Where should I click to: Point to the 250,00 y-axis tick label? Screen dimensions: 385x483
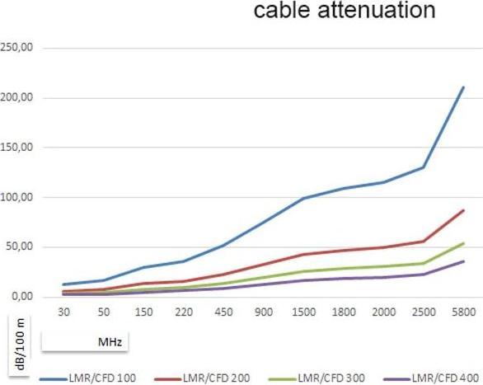click(x=16, y=48)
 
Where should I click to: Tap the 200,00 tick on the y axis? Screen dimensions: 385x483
click(x=16, y=97)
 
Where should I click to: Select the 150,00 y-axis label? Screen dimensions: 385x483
click(x=16, y=148)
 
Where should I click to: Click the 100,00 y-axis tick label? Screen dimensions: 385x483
click(x=16, y=197)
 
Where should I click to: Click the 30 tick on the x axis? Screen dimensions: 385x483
click(x=63, y=313)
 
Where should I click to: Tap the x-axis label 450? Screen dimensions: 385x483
click(x=223, y=313)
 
